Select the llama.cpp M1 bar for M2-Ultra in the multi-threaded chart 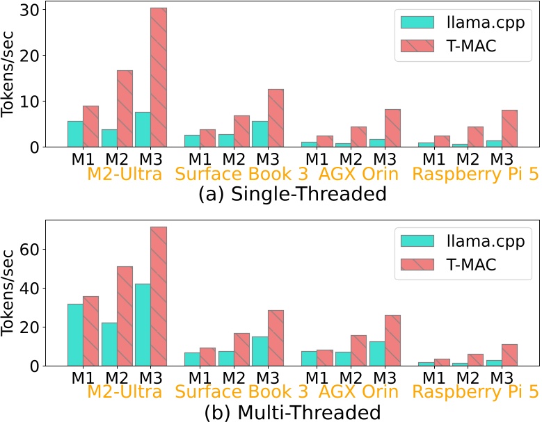click(75, 334)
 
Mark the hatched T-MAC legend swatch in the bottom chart click(417, 265)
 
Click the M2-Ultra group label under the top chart click(125, 174)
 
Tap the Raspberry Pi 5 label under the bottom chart click(475, 393)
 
